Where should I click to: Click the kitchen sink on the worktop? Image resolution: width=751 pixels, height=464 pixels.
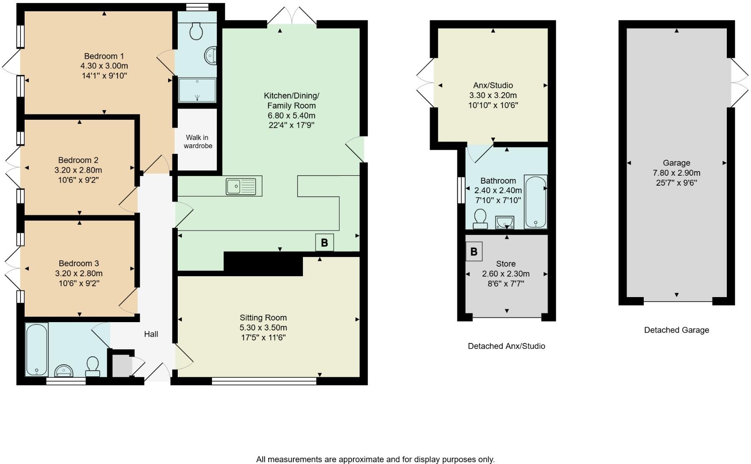pos(241,186)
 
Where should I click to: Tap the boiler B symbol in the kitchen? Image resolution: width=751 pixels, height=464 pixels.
pos(324,242)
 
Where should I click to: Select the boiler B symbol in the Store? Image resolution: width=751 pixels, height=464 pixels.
pos(474,252)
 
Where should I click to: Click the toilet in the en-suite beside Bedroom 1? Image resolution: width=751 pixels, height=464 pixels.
pos(196,31)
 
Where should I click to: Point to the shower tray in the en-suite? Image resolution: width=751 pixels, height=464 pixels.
pos(197,90)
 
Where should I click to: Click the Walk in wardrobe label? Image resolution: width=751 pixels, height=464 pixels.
pos(198,142)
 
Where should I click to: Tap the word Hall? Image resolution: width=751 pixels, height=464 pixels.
pos(151,334)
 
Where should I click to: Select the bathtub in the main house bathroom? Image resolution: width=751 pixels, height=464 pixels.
pos(37,349)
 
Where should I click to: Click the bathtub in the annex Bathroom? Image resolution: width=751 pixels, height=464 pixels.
pos(535,202)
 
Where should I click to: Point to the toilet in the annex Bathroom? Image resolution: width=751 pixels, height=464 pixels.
pos(480,219)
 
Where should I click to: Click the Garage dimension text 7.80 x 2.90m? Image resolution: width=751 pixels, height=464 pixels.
pos(676,173)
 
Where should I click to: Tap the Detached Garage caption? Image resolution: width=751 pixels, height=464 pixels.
pos(676,330)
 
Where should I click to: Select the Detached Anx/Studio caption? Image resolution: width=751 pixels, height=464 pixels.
pos(506,346)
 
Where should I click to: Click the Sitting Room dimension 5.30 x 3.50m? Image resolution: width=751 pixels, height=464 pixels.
pos(263,328)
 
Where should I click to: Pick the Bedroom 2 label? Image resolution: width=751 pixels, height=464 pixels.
pos(78,160)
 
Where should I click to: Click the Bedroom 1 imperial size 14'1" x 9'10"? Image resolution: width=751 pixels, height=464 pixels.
pos(104,76)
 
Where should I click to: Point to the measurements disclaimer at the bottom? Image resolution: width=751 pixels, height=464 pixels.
pos(375,459)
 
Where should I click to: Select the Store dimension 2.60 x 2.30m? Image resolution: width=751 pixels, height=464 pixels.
pos(506,274)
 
